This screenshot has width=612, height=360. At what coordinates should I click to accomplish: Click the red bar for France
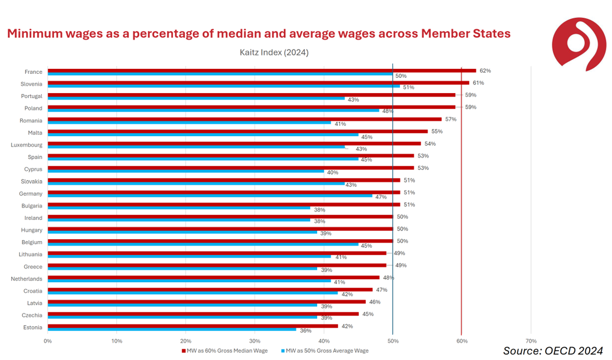point(262,71)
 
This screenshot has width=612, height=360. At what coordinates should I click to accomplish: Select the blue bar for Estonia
point(172,329)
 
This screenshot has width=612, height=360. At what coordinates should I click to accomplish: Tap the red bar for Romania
point(245,119)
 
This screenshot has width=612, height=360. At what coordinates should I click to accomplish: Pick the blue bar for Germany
point(210,196)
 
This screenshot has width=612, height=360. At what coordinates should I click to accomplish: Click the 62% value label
point(486,71)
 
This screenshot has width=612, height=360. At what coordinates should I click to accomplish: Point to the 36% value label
point(306,331)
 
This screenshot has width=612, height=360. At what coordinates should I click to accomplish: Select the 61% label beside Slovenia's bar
point(478,83)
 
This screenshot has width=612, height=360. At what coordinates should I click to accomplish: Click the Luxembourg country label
point(26,145)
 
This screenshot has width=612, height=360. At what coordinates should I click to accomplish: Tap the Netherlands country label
point(26,279)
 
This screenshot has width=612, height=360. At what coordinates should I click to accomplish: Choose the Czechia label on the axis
point(32,316)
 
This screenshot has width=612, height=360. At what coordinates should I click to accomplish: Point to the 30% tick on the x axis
point(254,341)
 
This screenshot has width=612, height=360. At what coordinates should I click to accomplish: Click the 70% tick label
point(531,341)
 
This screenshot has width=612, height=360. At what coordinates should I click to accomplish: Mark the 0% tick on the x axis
point(48,341)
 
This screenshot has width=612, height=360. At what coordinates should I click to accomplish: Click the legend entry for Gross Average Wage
point(327,350)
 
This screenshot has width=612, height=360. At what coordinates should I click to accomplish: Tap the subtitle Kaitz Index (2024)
point(274,52)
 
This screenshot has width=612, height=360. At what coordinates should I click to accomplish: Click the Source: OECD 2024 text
point(553,350)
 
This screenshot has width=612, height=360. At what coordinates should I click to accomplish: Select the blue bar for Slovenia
point(224,86)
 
